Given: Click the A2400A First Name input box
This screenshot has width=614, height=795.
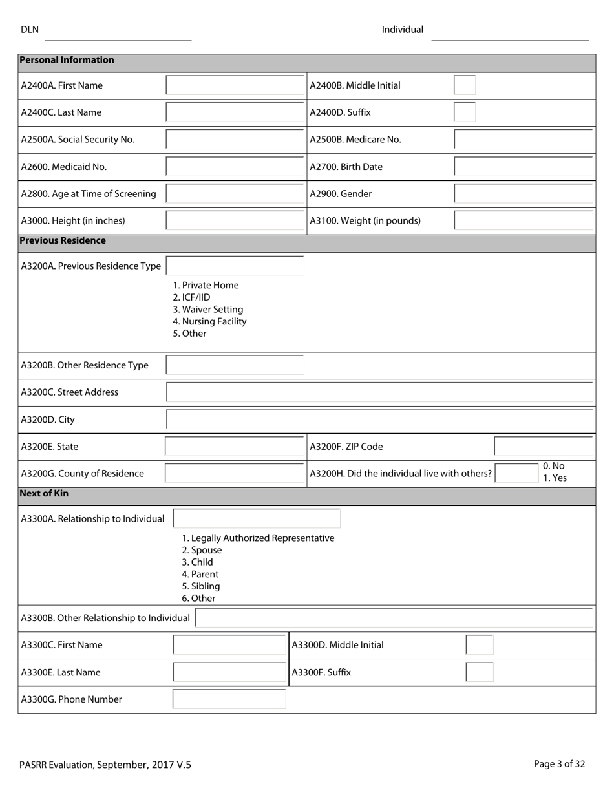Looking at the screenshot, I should click(x=235, y=85).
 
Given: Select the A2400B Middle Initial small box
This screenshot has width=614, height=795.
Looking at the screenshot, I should click(x=464, y=85).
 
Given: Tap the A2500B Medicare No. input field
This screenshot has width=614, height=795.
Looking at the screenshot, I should click(x=524, y=140).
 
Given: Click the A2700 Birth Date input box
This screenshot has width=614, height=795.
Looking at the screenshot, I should click(x=524, y=167).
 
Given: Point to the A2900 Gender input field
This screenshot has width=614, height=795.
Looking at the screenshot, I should click(x=524, y=194).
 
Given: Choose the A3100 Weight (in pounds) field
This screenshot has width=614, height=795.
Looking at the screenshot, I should click(x=524, y=221).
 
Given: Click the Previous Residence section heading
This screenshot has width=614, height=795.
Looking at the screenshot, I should click(x=63, y=240).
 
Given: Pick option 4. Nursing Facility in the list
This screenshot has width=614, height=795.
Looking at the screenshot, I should click(x=209, y=321).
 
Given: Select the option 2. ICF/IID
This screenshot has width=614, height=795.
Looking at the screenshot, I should click(x=192, y=297).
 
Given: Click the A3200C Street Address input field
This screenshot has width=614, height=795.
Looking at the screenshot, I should click(x=380, y=392).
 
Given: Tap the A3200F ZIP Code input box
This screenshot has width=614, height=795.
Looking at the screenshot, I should click(x=544, y=447).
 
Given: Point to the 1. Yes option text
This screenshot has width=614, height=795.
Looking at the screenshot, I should click(x=555, y=478).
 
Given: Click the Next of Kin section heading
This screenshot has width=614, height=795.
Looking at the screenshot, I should click(x=44, y=493).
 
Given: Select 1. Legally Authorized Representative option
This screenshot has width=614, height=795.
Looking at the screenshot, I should click(x=258, y=538).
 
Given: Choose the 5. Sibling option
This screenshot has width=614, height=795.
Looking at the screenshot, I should click(x=201, y=586).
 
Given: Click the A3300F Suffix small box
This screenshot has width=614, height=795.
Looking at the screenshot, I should click(x=479, y=672).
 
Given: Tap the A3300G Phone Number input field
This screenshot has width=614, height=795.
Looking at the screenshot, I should click(x=229, y=699).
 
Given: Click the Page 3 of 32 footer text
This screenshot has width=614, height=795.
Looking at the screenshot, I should click(x=559, y=764).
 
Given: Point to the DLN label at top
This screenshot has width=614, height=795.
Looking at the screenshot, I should click(x=30, y=30).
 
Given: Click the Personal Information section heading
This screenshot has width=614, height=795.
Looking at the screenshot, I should click(x=67, y=60).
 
